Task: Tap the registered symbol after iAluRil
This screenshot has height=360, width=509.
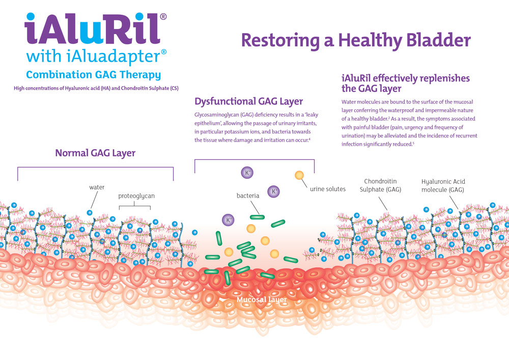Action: (x=163, y=16)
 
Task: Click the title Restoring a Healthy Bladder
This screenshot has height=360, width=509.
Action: (x=355, y=39)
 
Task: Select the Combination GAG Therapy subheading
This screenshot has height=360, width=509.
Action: (x=93, y=75)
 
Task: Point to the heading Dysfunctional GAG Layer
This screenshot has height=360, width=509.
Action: (x=249, y=101)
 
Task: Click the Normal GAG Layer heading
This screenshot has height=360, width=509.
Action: (x=95, y=153)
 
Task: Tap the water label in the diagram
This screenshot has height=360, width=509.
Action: (x=97, y=187)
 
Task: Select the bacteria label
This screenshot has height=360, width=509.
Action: (x=248, y=196)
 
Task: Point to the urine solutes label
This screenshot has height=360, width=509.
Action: (x=328, y=189)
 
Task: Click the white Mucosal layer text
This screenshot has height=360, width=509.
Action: (x=262, y=300)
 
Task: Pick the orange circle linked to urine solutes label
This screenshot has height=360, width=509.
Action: (x=299, y=176)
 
